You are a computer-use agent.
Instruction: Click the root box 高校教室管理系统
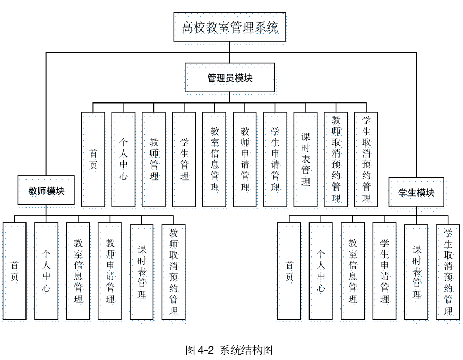[229, 27]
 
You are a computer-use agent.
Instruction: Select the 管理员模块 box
[229, 78]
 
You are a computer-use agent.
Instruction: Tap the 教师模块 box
[46, 191]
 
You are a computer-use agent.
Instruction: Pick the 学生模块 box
[416, 192]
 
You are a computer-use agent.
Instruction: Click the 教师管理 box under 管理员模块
[153, 159]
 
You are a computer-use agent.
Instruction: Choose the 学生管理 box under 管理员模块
[184, 159]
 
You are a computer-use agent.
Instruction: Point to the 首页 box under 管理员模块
[93, 159]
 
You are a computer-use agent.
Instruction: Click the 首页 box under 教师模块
[14, 271]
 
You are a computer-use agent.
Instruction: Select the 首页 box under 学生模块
[289, 271]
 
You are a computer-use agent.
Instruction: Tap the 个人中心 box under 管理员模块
[123, 159]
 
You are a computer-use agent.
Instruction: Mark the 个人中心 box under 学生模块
[321, 271]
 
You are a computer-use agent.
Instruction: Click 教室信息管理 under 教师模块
[78, 271]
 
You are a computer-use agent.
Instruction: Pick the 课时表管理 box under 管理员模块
[305, 159]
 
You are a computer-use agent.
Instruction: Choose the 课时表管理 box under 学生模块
[417, 271]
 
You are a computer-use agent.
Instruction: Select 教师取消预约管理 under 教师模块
[173, 271]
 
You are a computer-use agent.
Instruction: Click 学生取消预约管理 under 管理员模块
[366, 159]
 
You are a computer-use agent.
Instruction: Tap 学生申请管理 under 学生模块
[384, 271]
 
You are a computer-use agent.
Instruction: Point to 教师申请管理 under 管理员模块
[245, 159]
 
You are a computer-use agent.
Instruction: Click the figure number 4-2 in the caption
[205, 350]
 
